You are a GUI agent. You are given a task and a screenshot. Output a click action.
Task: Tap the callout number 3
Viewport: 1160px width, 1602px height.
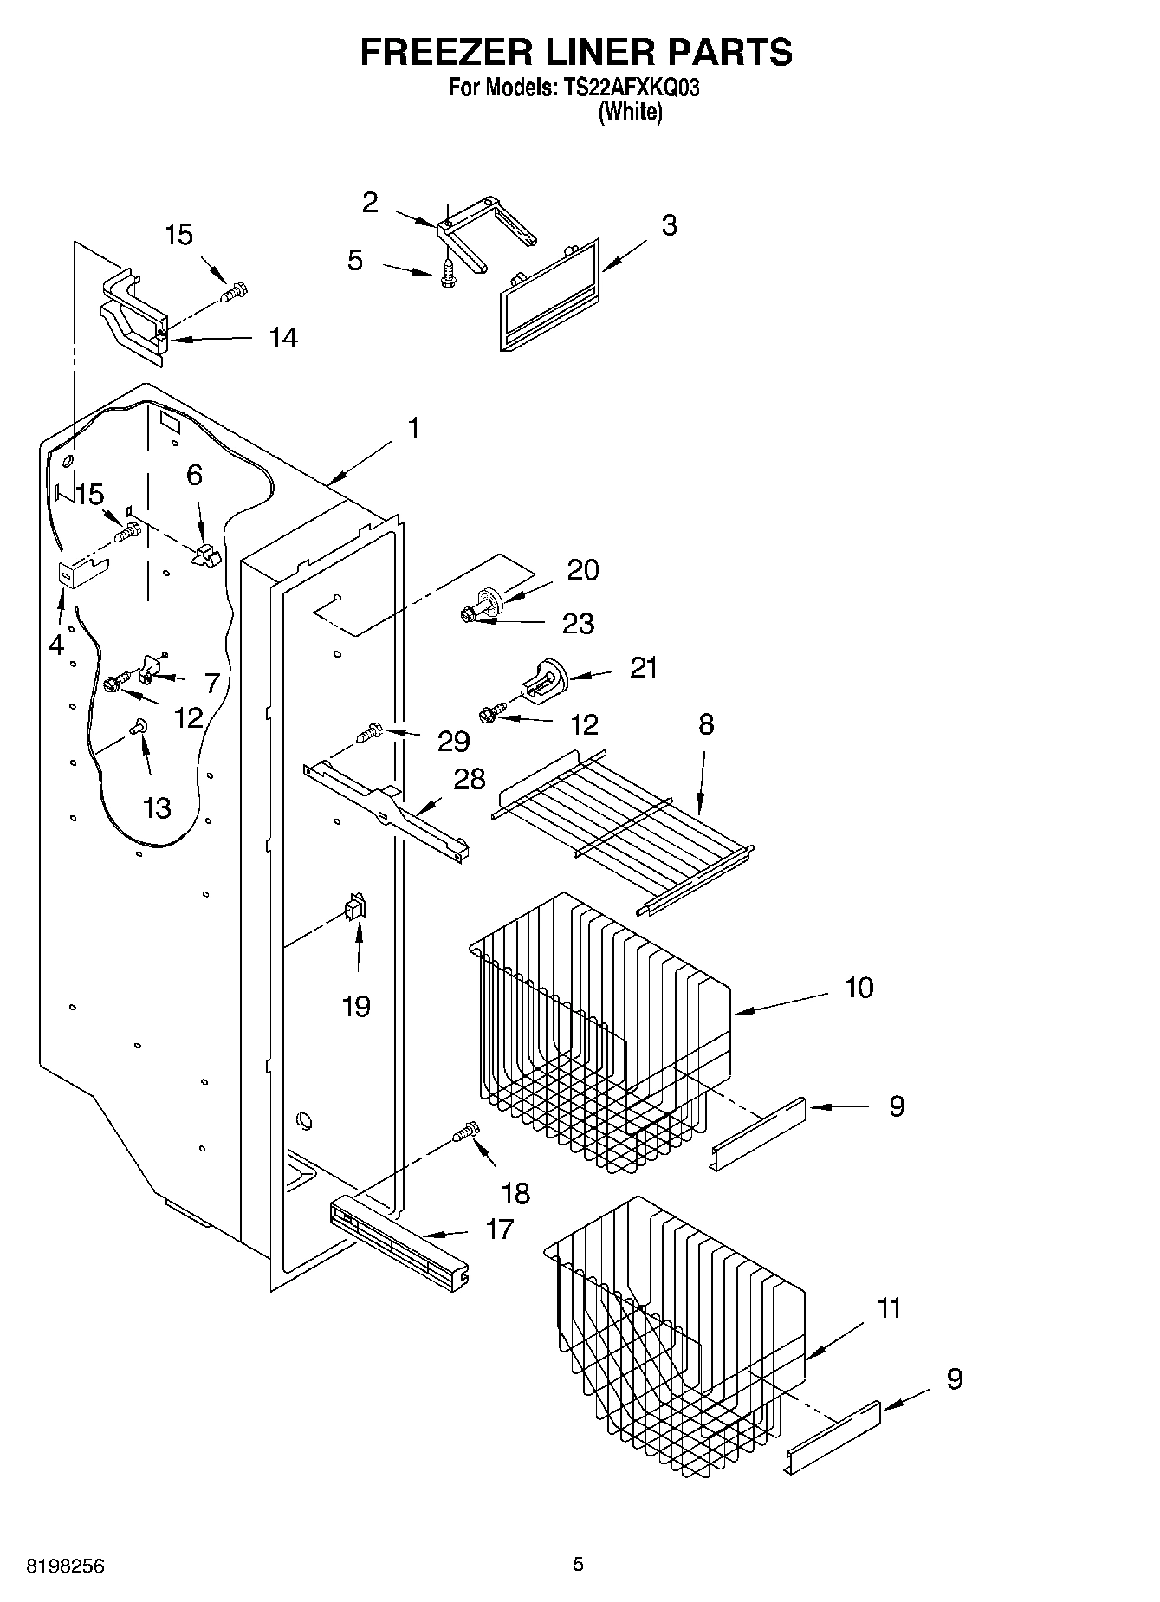670,225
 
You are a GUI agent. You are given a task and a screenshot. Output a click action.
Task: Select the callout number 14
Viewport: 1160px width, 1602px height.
282,338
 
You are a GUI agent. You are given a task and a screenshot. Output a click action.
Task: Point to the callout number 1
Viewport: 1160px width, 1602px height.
414,428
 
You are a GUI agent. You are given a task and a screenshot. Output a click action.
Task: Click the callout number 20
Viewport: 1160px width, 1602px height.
583,570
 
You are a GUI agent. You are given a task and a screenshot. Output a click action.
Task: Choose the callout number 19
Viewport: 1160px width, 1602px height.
356,1007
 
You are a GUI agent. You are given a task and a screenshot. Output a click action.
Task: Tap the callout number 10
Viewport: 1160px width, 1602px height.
859,987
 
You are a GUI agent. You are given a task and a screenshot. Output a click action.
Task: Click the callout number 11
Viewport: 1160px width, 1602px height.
889,1307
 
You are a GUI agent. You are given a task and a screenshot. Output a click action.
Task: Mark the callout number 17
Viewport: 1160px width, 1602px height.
500,1229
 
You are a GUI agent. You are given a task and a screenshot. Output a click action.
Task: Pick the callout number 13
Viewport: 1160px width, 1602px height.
157,807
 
